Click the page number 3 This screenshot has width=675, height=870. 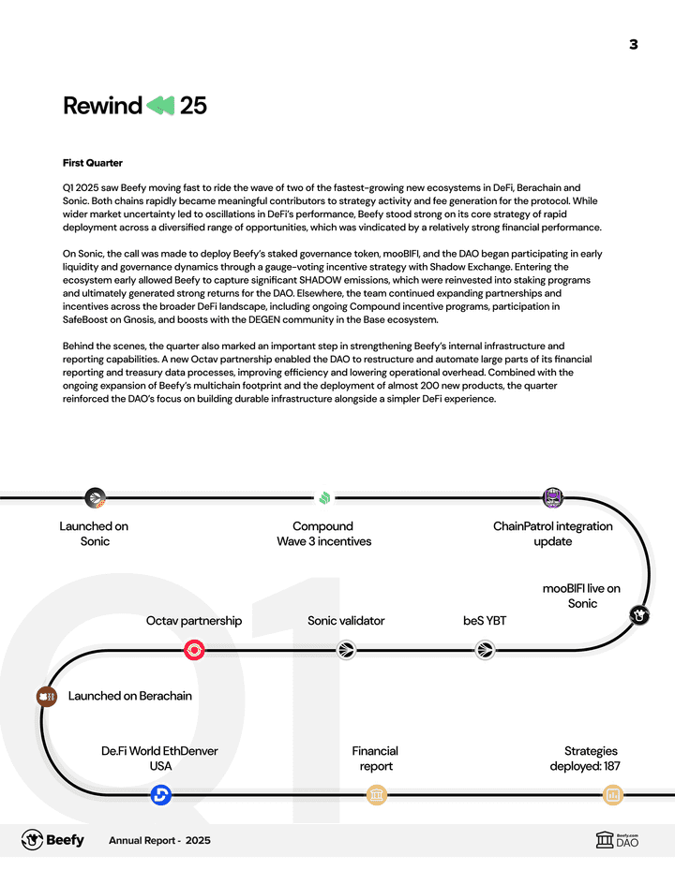[633, 44]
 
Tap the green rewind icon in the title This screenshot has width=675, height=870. [160, 106]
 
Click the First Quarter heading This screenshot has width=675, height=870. [92, 163]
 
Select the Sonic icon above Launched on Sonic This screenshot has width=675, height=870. [95, 497]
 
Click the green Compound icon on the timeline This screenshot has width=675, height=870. [323, 497]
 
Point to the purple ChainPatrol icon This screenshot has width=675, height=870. [553, 497]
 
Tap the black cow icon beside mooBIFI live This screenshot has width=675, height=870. [639, 615]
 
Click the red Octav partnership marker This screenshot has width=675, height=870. [195, 650]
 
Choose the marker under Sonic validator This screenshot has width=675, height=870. [346, 650]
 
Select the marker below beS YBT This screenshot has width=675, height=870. [485, 650]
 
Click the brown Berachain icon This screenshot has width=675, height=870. [46, 696]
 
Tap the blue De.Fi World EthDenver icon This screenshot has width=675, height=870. [160, 795]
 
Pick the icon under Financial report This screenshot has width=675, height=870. [376, 795]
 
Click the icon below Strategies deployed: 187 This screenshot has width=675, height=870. [613, 795]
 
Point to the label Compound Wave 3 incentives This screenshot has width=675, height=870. [323, 534]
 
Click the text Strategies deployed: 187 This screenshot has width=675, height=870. [585, 759]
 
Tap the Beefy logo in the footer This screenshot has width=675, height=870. [52, 840]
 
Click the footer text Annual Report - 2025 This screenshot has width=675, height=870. [159, 841]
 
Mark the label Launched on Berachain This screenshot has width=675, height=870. [129, 696]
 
